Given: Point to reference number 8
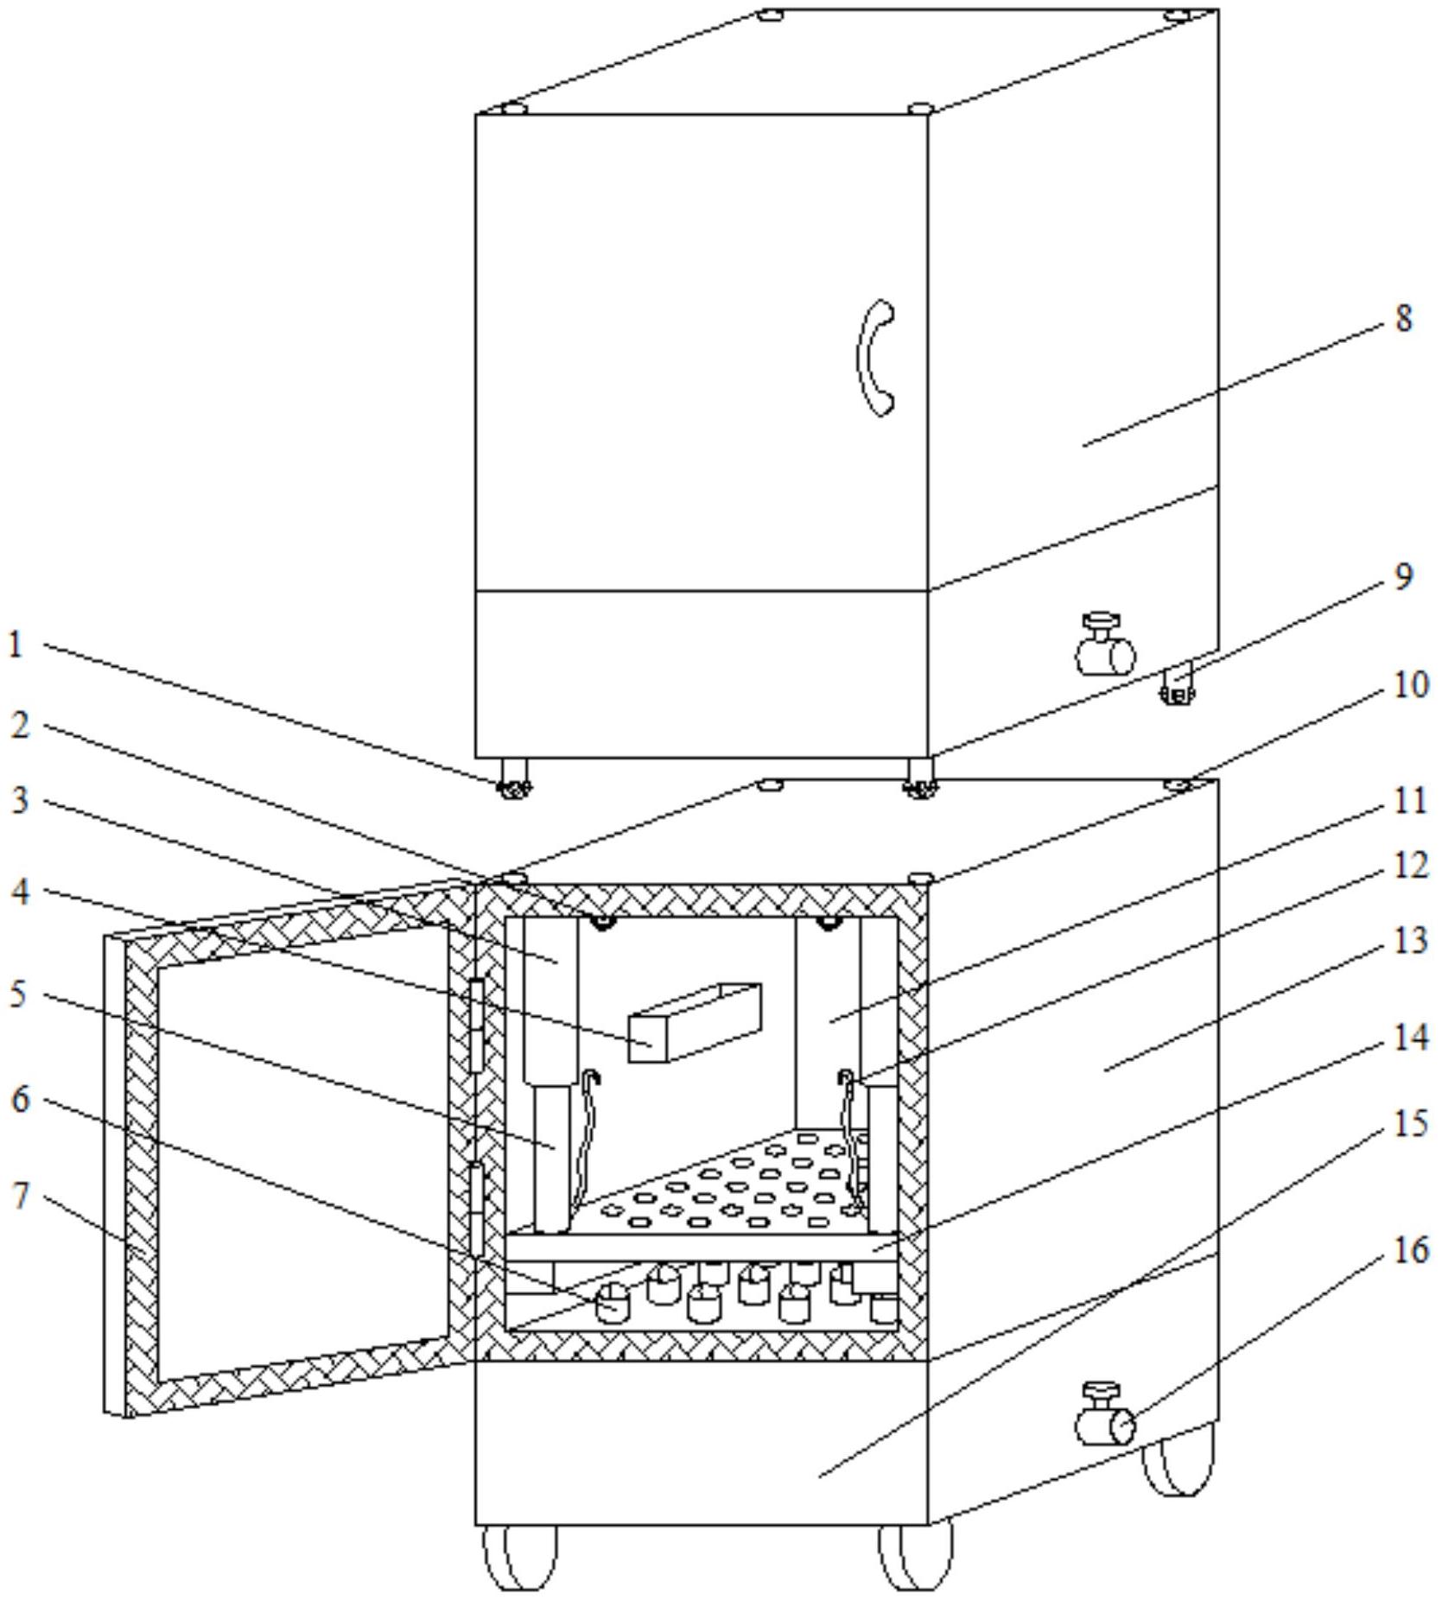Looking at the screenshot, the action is point(1403,319).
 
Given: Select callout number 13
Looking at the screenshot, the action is point(1410,941).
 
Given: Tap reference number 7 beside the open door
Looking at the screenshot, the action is point(22,1196).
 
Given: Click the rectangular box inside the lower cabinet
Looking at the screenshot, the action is point(695,1023).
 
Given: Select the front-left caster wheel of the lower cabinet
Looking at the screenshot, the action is point(519,1557).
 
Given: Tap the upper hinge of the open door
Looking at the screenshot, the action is point(475,1026).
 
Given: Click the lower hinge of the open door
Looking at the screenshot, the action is point(475,1210).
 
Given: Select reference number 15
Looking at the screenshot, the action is point(1410,1124).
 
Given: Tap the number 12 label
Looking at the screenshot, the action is point(1410,865).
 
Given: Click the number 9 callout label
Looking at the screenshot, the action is point(1403,576).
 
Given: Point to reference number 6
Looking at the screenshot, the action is point(21,1100).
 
